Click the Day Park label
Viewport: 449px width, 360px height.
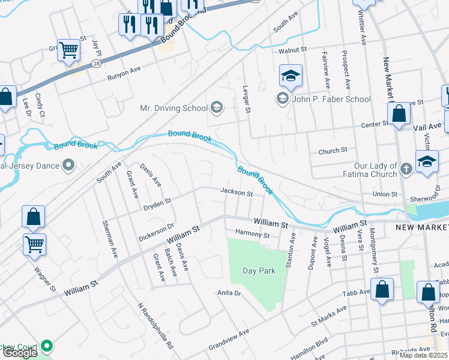pos(259,271)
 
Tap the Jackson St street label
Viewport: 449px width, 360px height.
pos(236,193)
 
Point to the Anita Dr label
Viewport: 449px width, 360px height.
pos(229,293)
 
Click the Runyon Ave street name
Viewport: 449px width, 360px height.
pos(124,73)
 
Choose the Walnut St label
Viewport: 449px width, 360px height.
pos(293,50)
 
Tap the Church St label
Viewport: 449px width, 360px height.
pos(333,151)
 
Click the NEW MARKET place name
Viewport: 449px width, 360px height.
pos(421,228)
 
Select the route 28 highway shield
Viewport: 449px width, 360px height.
pos(95,63)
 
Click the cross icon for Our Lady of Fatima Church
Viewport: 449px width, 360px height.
pos(406,170)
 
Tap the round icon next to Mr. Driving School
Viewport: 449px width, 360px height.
pos(216,108)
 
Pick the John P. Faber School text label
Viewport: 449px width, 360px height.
pos(331,99)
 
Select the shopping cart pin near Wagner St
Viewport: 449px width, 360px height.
pos(34,244)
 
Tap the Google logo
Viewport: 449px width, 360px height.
pos(20,352)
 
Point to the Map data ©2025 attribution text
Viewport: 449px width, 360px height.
pos(423,355)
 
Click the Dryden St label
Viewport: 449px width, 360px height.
pos(157,205)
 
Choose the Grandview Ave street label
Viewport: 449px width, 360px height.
pos(228,340)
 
